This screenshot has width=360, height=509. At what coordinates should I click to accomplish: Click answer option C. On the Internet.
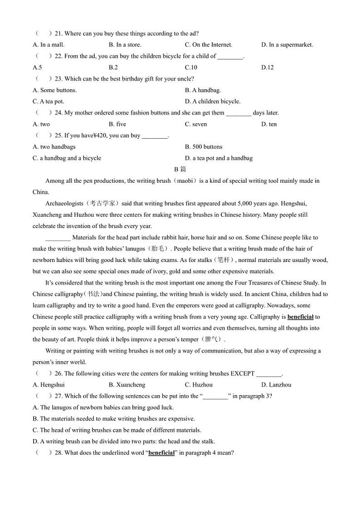coord(209,45)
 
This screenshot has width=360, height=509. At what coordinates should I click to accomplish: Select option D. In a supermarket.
coord(287,45)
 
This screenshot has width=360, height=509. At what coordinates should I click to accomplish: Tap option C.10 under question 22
coord(191,68)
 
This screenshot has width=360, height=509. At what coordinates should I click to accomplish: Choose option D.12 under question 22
coord(268,68)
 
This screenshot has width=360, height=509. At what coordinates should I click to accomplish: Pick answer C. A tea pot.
coord(49,102)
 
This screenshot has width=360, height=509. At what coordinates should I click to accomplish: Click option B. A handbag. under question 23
coord(203,90)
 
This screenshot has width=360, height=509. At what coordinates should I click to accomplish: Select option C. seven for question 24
coord(196,124)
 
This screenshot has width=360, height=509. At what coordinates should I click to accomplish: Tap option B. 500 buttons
coord(204,147)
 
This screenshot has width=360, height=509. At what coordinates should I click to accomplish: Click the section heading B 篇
coord(180,170)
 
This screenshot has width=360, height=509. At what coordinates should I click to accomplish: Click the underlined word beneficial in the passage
coord(300,317)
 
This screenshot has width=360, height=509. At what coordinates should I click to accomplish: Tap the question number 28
coord(58,453)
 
